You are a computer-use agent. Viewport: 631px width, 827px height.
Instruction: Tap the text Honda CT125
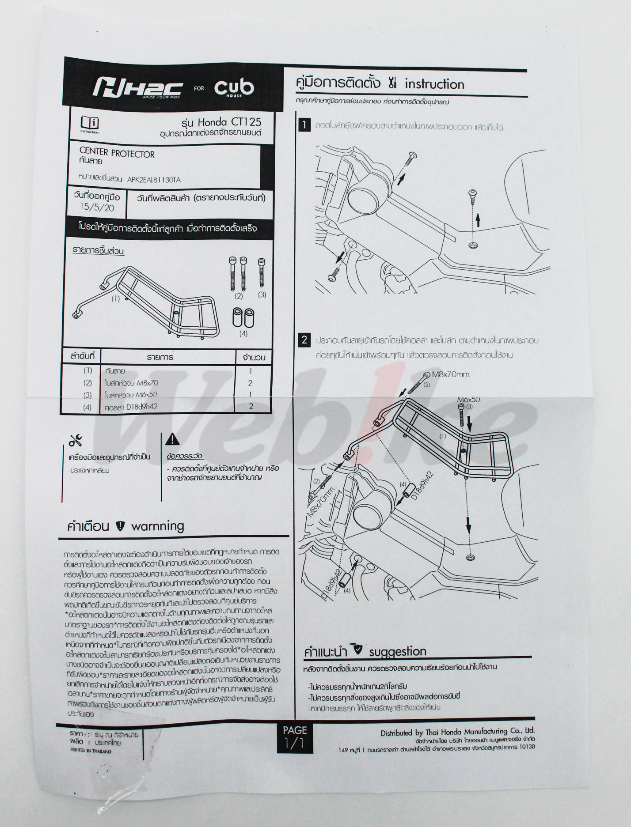(229, 122)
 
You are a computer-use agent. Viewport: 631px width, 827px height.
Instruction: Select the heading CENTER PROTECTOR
(117, 154)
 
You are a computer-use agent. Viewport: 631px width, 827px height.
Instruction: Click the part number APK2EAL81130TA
(153, 180)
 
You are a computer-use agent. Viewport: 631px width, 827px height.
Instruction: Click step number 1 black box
(304, 125)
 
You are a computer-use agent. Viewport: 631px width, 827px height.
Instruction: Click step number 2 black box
(304, 340)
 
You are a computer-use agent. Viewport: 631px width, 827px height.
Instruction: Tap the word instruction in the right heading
(434, 84)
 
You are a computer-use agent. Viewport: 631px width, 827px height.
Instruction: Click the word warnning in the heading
(157, 526)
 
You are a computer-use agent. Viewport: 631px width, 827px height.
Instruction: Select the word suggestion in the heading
(397, 652)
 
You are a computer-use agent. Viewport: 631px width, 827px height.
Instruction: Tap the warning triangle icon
(172, 439)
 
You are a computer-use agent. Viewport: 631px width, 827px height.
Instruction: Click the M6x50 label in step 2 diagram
(469, 400)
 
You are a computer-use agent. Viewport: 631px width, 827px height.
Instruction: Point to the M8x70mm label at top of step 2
(451, 374)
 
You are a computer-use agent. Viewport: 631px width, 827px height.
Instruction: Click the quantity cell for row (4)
(251, 406)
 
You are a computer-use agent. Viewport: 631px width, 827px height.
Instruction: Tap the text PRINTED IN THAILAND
(91, 751)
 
